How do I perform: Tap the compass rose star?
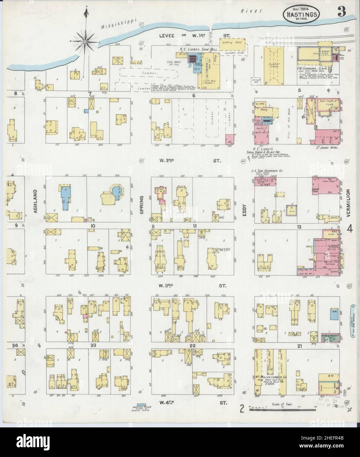click(x=86, y=41)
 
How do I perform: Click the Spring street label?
click(x=142, y=204)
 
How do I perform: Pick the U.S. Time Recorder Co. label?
click(x=266, y=171)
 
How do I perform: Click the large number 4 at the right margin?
click(x=350, y=229)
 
